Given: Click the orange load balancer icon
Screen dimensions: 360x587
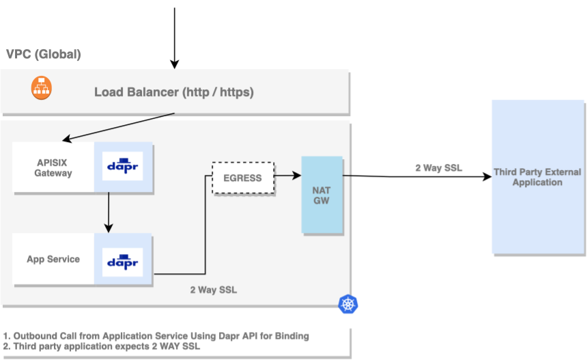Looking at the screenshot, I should pyautogui.click(x=42, y=88).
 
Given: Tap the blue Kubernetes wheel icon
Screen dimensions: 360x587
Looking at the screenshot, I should pyautogui.click(x=348, y=304).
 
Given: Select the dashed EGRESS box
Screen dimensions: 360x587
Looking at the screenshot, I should pyautogui.click(x=242, y=178).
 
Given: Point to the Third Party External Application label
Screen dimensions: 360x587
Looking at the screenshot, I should pyautogui.click(x=537, y=177).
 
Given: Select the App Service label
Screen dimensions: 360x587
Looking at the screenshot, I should pyautogui.click(x=53, y=260).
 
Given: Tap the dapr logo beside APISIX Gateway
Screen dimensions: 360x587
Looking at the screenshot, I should pyautogui.click(x=123, y=166).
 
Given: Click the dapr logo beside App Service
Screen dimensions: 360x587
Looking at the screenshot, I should pyautogui.click(x=123, y=261).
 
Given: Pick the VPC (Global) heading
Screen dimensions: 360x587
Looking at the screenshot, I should pyautogui.click(x=44, y=54).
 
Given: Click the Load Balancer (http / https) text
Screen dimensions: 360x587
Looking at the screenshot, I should pyautogui.click(x=174, y=92).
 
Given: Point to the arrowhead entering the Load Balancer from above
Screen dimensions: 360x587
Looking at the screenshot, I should pyautogui.click(x=175, y=64).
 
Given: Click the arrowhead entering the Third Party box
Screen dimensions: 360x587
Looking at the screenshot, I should pyautogui.click(x=487, y=177).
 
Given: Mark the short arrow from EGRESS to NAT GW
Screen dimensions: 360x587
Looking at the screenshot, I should pyautogui.click(x=287, y=176).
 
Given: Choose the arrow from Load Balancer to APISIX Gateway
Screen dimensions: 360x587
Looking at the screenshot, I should pyautogui.click(x=119, y=127).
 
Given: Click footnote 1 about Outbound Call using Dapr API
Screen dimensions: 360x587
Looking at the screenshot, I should pyautogui.click(x=156, y=335).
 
